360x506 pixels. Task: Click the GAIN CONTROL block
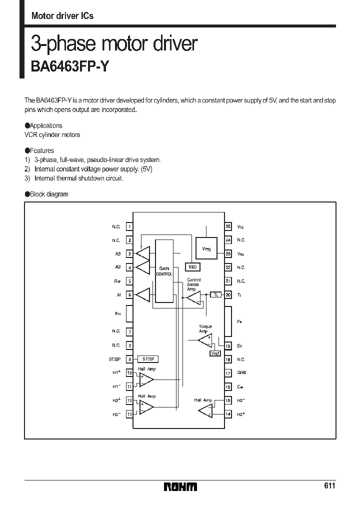tap(164, 270)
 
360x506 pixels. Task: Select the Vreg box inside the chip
tap(206, 248)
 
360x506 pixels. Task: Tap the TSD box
tap(192, 267)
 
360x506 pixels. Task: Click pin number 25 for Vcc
tap(228, 226)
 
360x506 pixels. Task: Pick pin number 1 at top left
tap(129, 226)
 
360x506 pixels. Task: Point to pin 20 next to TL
tap(228, 295)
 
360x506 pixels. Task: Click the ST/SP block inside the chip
tap(149, 359)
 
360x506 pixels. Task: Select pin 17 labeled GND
tap(228, 372)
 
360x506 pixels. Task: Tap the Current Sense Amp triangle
tap(193, 299)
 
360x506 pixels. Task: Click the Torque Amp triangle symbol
tap(204, 340)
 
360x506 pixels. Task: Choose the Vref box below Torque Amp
tap(215, 353)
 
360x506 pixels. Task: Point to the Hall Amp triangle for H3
tap(205, 410)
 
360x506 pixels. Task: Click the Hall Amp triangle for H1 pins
tap(146, 379)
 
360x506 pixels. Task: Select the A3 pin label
tap(118, 254)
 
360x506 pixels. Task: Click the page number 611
tap(329, 486)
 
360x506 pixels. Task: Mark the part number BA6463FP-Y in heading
tap(69, 67)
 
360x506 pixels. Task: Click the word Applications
tap(46, 125)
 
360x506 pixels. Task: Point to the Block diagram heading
tap(48, 194)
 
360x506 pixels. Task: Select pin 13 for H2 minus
tap(129, 414)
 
